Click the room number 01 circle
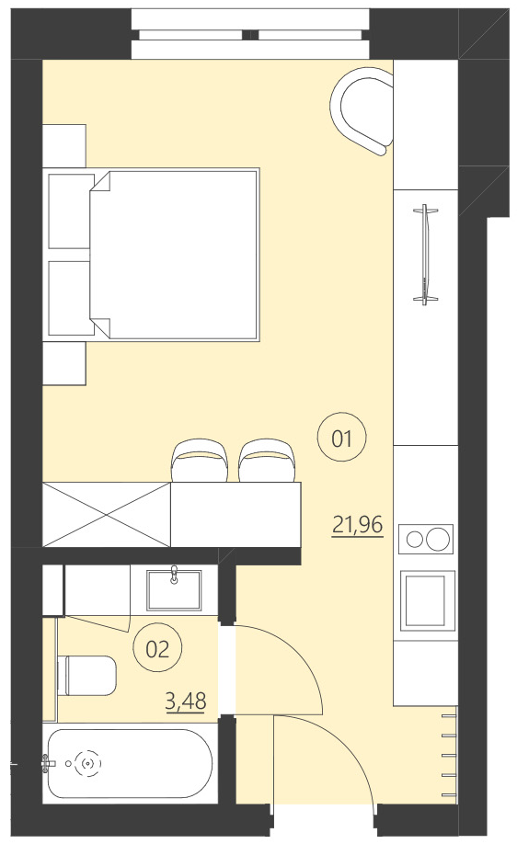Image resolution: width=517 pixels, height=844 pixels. pyautogui.click(x=342, y=439)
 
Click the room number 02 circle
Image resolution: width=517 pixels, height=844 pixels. pyautogui.click(x=158, y=649)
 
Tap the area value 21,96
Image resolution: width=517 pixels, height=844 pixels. pyautogui.click(x=357, y=526)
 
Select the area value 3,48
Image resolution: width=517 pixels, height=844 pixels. pyautogui.click(x=185, y=702)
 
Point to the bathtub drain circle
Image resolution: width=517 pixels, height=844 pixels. pyautogui.click(x=88, y=762)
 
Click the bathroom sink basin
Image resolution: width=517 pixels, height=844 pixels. pyautogui.click(x=175, y=588)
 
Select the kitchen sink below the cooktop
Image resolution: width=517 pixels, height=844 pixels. pyautogui.click(x=428, y=599)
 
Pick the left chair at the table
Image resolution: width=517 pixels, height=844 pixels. pyautogui.click(x=200, y=460)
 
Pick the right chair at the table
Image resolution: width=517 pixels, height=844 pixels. pyautogui.click(x=268, y=460)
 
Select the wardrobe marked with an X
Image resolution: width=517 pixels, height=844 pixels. pyautogui.click(x=107, y=516)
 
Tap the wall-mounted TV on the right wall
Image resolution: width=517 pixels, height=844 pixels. pyautogui.click(x=425, y=254)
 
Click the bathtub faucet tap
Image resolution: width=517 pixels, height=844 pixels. pyautogui.click(x=48, y=762)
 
